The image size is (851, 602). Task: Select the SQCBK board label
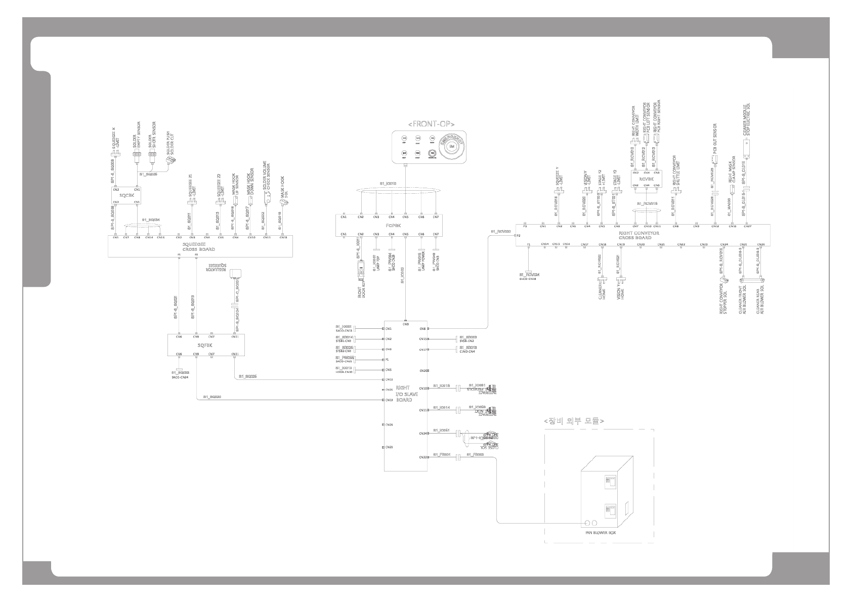tap(126, 195)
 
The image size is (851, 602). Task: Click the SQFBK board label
tap(204, 345)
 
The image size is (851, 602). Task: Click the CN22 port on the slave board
tap(423, 457)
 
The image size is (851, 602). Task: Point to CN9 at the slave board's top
tap(406, 325)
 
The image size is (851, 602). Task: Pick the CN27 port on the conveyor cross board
tap(747, 226)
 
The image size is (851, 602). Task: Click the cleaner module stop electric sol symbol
tap(745, 147)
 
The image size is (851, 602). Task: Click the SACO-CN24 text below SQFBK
tap(180, 377)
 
